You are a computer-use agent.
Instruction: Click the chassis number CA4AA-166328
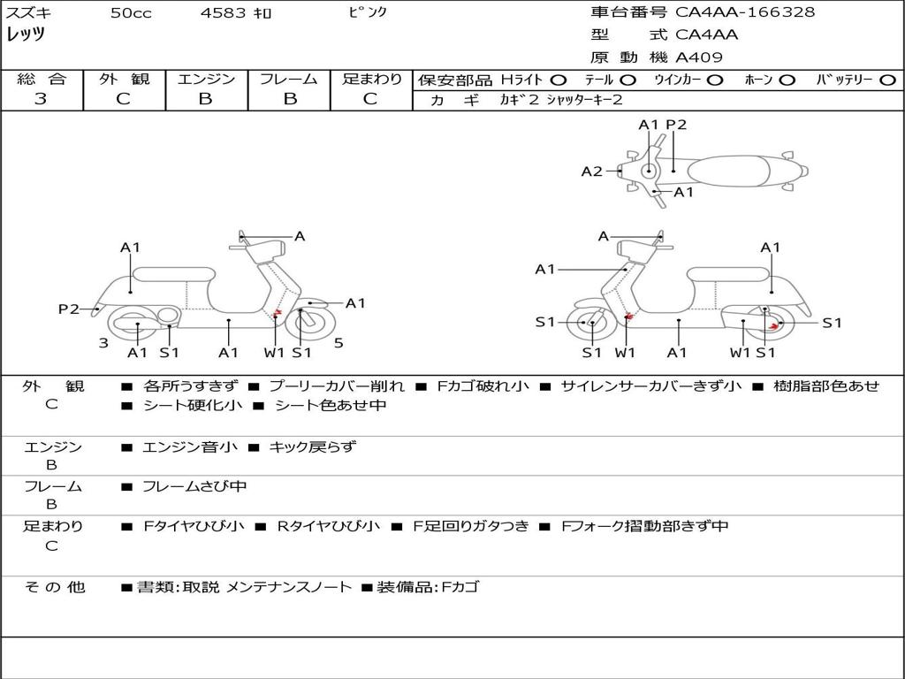(x=745, y=12)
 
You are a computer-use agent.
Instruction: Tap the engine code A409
(x=699, y=57)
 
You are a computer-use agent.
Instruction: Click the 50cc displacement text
(x=131, y=13)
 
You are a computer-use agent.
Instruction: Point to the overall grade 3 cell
(x=41, y=99)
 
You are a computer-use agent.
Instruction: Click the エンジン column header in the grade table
(x=206, y=79)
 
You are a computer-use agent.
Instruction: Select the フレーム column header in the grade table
(x=288, y=79)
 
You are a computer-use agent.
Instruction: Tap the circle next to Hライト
(x=559, y=80)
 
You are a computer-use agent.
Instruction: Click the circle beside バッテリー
(x=887, y=80)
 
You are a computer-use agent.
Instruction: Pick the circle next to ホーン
(x=787, y=80)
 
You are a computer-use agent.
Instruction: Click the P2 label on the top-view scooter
(x=676, y=125)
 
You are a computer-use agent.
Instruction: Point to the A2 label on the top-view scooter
(x=591, y=172)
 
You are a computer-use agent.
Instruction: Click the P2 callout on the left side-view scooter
(x=69, y=309)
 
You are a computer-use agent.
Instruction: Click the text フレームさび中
(x=194, y=486)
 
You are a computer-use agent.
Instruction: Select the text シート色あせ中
(x=331, y=406)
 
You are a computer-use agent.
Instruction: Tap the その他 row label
(x=54, y=587)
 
